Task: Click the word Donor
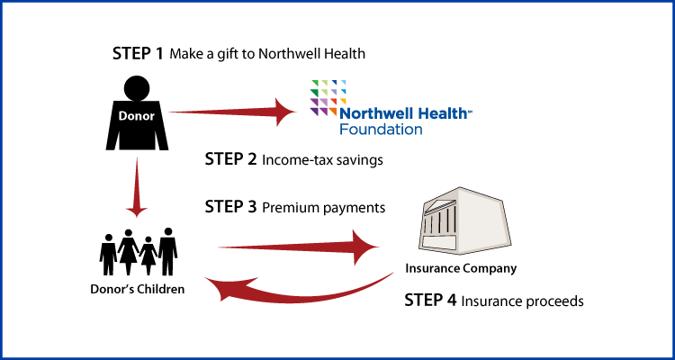tap(136, 116)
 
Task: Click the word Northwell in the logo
tap(370, 114)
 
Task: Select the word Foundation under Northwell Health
tap(381, 130)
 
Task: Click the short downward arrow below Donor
tap(136, 184)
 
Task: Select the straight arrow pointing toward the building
tap(288, 246)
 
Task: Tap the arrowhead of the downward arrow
tap(136, 211)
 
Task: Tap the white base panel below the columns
tap(439, 241)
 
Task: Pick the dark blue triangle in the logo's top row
tap(334, 83)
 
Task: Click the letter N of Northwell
tap(345, 114)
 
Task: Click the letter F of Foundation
tap(343, 130)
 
